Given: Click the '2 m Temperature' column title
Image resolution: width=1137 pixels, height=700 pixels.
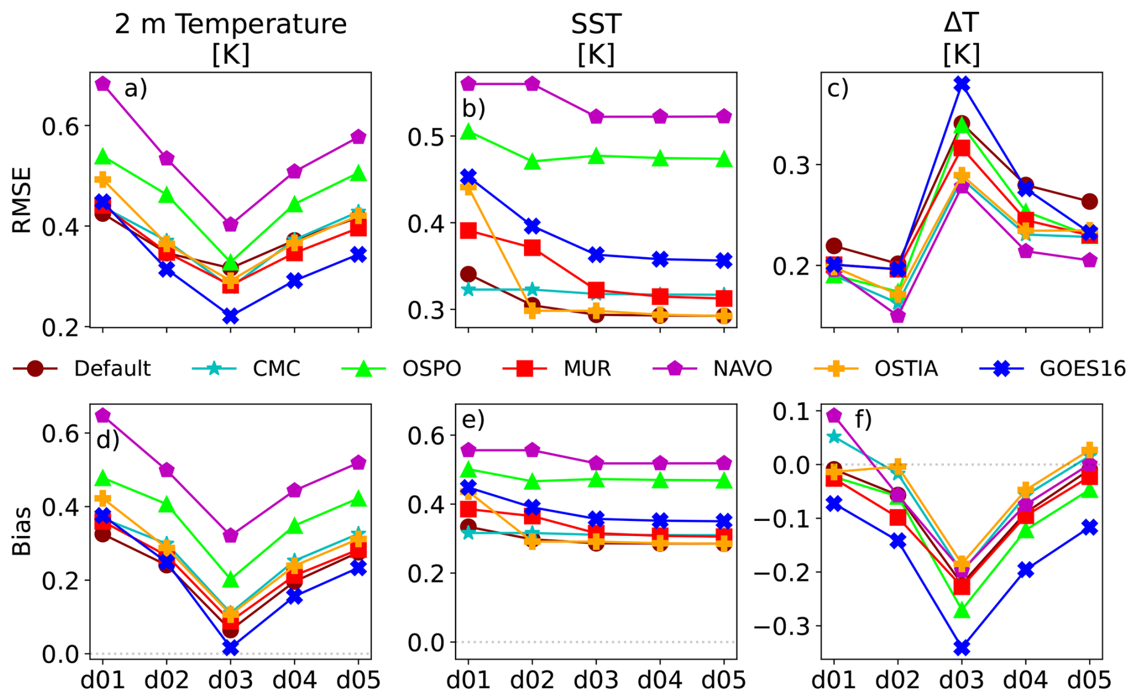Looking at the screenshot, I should tap(231, 25).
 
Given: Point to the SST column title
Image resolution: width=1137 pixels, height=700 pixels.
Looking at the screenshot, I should tap(596, 25).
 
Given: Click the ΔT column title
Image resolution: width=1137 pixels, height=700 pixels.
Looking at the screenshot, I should tap(962, 23).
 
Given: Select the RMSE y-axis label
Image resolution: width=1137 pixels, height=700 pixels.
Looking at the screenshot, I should tap(22, 200).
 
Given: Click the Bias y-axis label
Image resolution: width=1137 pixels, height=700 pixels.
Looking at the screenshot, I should tap(22, 531).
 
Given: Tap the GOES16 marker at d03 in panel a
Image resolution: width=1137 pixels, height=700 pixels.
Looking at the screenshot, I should tap(231, 315).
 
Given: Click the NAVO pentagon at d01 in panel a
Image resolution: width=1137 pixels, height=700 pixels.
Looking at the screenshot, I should tap(103, 84).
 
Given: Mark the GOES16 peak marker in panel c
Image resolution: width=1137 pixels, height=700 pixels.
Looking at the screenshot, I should tap(962, 84).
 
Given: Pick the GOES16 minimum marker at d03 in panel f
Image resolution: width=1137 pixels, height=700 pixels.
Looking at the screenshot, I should tap(962, 648).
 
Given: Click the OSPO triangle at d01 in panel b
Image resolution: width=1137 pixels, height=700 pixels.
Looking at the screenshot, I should tap(469, 132).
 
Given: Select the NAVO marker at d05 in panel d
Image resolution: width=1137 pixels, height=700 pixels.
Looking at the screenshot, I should tap(358, 463).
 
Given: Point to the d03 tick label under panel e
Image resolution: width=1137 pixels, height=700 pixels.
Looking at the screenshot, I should tap(596, 680).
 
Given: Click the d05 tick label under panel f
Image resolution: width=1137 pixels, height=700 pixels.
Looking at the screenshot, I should tap(1090, 680).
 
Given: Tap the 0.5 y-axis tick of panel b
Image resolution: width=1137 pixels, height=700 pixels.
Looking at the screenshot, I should tap(425, 138).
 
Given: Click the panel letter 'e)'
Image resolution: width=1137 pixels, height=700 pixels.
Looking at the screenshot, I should tap(474, 419).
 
